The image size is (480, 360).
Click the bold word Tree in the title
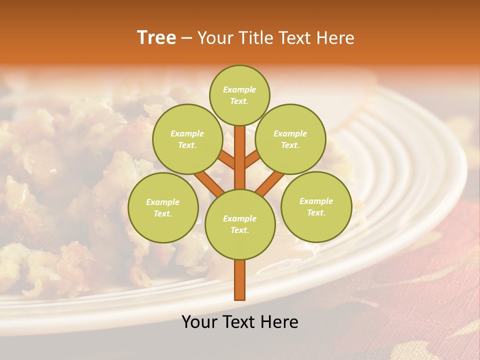tap(156, 38)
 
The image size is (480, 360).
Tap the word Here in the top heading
tap(335, 38)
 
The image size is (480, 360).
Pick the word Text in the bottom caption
tap(238, 322)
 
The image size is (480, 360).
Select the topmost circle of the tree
tap(239, 95)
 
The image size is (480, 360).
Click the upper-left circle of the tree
tap(187, 139)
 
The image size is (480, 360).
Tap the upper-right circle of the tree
tap(290, 139)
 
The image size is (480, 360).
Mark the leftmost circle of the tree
tap(163, 207)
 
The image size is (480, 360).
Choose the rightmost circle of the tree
tap(316, 206)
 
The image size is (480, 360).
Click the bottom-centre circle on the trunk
tap(240, 224)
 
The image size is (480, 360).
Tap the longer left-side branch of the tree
tap(209, 182)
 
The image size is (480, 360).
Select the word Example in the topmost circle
tap(239, 90)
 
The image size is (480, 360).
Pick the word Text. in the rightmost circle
tap(316, 212)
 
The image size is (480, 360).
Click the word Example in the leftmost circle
tap(163, 202)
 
